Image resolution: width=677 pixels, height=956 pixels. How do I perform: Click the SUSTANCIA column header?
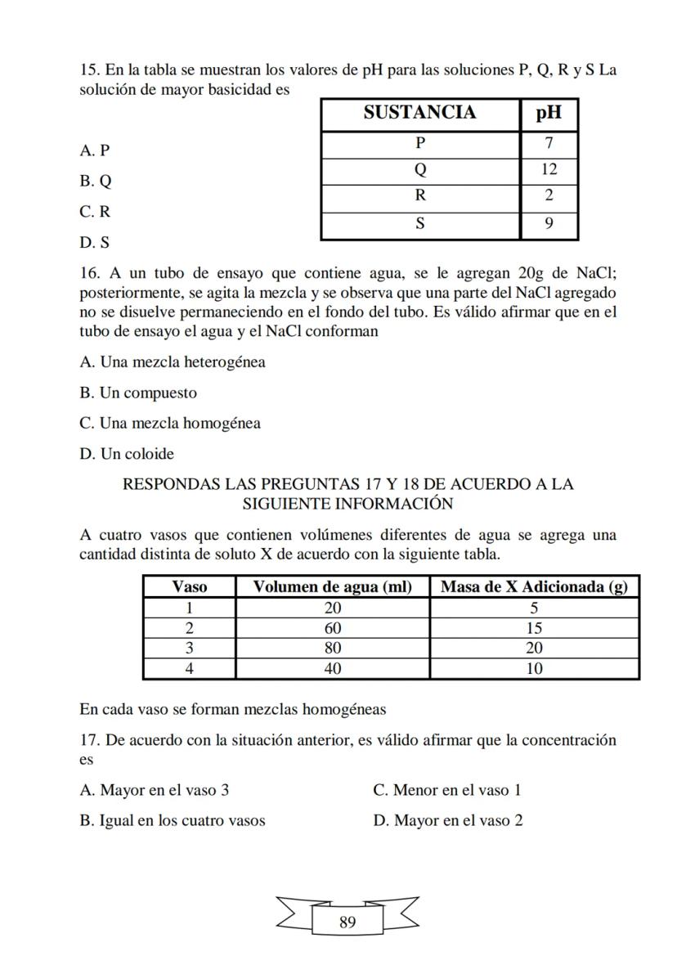point(419,113)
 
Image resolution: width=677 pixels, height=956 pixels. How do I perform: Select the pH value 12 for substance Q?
point(549,169)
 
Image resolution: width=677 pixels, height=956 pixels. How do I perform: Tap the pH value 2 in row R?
point(549,195)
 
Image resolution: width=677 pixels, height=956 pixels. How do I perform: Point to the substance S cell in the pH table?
point(419,222)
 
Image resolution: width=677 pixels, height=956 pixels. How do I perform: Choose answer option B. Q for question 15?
point(96,181)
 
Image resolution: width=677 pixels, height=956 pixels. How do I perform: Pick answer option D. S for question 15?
point(95,243)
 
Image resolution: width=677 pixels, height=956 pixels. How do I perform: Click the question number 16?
point(88,272)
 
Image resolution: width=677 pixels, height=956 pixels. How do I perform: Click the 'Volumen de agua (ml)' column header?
point(332,586)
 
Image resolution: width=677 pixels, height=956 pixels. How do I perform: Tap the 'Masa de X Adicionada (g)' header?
point(534,586)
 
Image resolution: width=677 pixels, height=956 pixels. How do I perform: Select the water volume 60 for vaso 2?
point(332,628)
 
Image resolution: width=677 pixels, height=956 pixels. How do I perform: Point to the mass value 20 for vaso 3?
point(534,648)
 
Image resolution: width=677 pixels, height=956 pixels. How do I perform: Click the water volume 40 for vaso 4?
point(332,668)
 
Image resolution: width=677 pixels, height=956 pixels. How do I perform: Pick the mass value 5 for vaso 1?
point(534,608)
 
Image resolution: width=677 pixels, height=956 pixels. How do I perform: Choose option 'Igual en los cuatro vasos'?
point(173,820)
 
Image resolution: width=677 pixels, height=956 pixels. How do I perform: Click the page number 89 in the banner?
point(347,922)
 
